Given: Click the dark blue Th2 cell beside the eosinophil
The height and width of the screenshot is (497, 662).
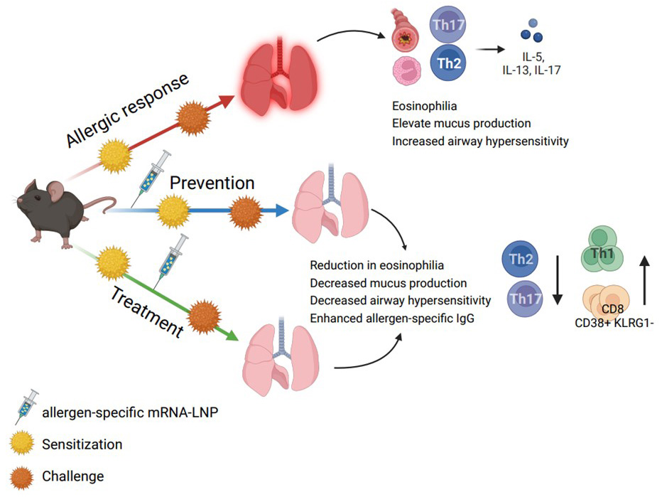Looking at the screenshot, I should (x=448, y=64).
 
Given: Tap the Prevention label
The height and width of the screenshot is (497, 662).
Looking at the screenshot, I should (x=212, y=183).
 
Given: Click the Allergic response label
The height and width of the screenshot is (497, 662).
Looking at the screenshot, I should (x=128, y=110).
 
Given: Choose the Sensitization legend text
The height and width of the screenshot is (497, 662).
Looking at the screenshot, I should (x=82, y=444).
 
